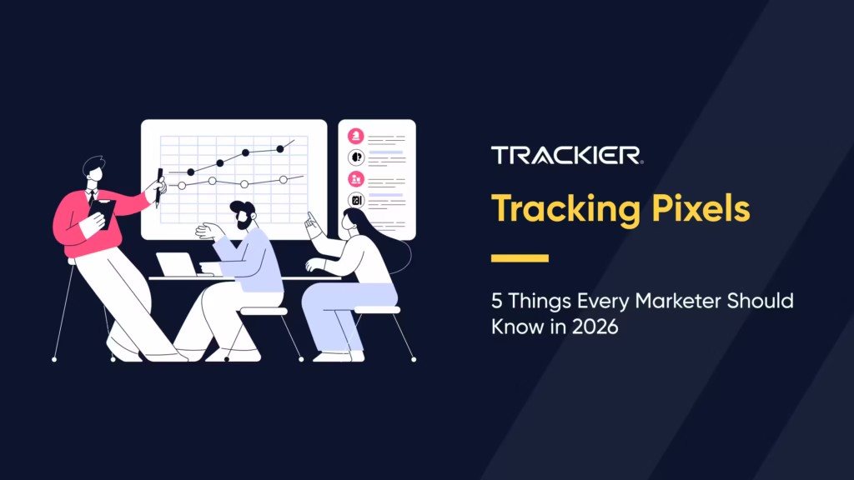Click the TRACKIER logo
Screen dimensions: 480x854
pyautogui.click(x=566, y=155)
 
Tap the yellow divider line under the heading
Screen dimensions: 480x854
pyautogui.click(x=520, y=258)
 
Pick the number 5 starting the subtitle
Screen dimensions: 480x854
pyautogui.click(x=497, y=302)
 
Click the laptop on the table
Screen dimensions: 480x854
pyautogui.click(x=178, y=265)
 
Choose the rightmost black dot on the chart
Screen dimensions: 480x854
pyautogui.click(x=280, y=149)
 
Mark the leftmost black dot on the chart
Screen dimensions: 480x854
pyautogui.click(x=191, y=172)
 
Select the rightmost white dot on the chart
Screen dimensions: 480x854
pyautogui.click(x=283, y=179)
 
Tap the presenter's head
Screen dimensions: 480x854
pyautogui.click(x=93, y=167)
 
